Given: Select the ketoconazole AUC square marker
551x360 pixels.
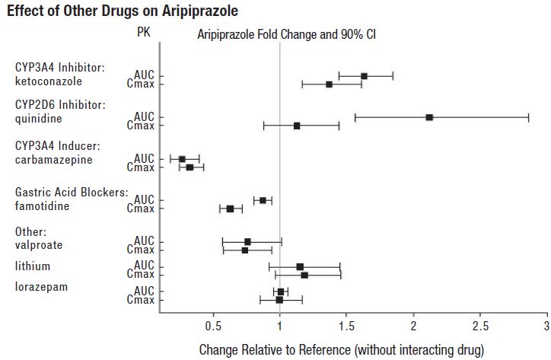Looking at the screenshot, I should tap(364, 76).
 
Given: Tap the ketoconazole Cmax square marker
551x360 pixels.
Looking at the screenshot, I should tap(329, 84).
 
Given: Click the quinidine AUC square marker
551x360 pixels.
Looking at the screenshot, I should tap(429, 117).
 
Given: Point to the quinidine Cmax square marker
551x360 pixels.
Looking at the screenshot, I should tap(297, 126).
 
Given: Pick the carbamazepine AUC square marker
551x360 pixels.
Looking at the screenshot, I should tap(182, 159).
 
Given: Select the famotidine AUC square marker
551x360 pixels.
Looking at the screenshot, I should tap(263, 200).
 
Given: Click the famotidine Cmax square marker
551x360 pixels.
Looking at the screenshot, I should tap(230, 209).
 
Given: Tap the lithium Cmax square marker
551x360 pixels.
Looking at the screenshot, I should tap(304, 275).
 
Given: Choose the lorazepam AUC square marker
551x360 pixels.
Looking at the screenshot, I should tap(281, 292).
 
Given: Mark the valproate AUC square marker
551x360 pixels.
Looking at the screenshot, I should tap(247, 242).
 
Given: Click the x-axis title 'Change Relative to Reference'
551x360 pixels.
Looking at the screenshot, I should tap(342, 350).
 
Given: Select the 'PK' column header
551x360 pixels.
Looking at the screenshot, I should tap(144, 33).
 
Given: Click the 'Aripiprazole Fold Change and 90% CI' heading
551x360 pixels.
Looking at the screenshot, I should tap(287, 35).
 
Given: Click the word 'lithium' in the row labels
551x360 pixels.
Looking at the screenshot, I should tap(33, 266).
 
